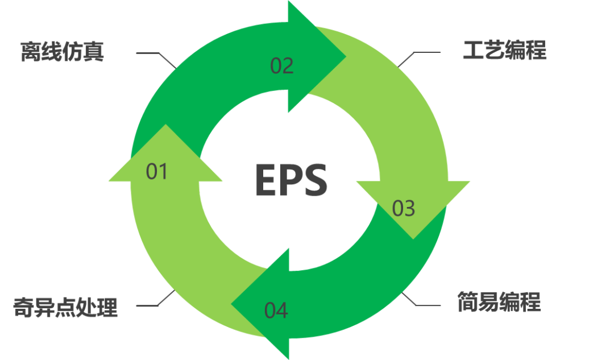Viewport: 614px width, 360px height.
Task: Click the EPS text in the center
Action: (291, 179)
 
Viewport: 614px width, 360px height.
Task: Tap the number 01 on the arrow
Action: (157, 171)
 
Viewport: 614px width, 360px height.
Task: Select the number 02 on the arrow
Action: (281, 66)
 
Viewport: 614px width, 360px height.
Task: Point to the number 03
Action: (404, 208)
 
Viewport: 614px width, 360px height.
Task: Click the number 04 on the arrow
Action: (276, 311)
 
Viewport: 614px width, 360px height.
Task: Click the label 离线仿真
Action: (63, 51)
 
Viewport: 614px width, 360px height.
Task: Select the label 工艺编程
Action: (504, 51)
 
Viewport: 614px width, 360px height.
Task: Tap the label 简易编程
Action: (499, 301)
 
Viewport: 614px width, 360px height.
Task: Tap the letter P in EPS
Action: (291, 179)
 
